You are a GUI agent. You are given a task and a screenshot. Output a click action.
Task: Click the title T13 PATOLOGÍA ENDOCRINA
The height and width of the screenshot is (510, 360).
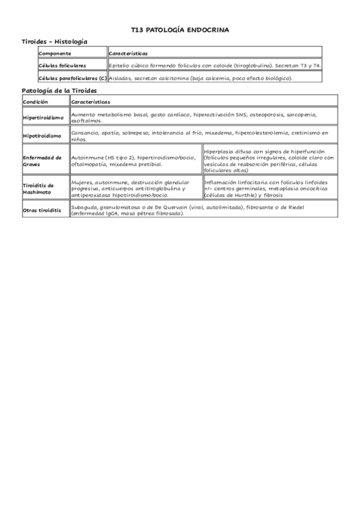click(180, 29)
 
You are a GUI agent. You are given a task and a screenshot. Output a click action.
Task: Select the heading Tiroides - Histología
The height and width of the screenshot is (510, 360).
click(54, 41)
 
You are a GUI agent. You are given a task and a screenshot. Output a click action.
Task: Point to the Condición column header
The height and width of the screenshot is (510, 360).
click(35, 102)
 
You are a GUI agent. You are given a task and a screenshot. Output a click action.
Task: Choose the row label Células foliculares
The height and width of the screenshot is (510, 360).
click(62, 65)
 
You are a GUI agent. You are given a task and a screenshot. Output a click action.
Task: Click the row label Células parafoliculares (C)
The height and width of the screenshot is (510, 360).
click(72, 78)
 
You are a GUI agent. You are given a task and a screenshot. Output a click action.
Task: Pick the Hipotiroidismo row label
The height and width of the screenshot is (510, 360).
click(41, 135)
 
